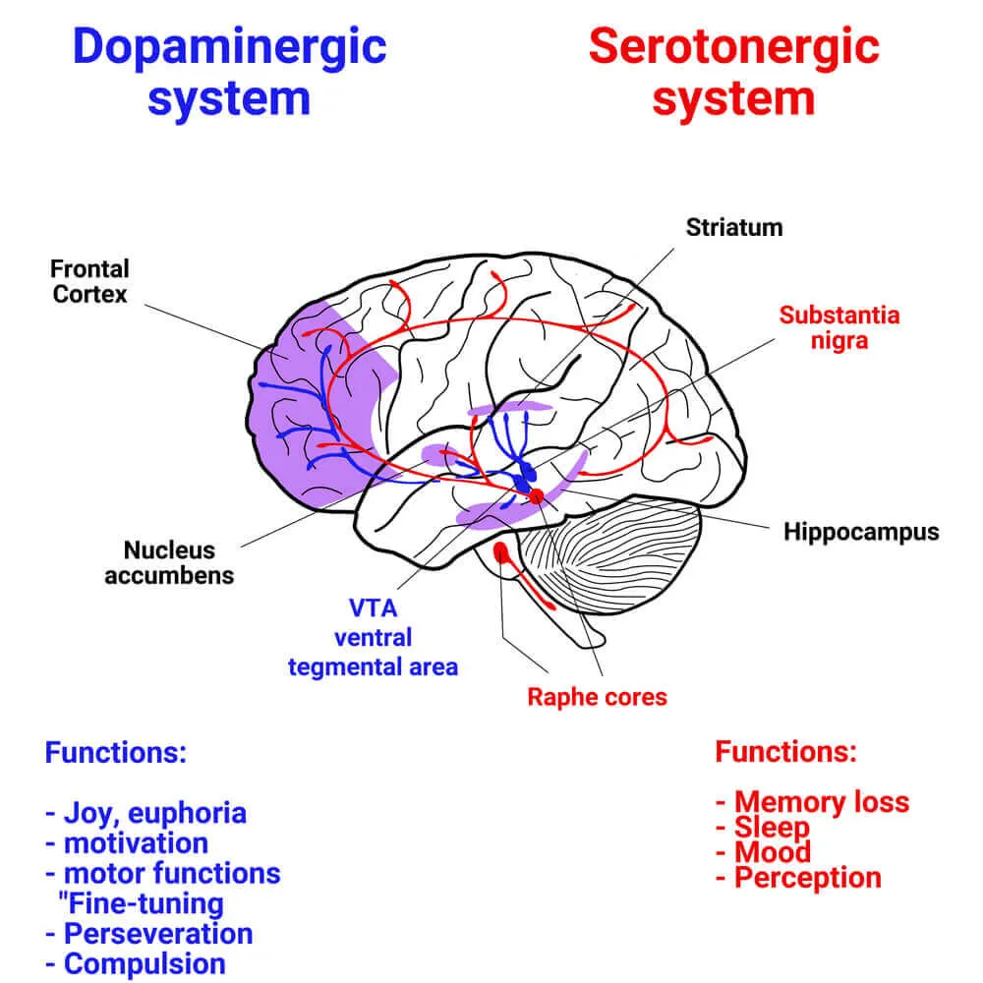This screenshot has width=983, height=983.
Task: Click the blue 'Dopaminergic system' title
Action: (x=230, y=73)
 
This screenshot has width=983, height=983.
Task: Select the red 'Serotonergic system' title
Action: (x=733, y=73)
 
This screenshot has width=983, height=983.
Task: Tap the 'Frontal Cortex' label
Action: (x=90, y=281)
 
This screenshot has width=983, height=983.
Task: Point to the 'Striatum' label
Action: (x=734, y=228)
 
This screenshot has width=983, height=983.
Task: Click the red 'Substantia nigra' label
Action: (x=838, y=328)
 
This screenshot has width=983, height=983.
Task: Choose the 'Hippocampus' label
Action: (x=861, y=532)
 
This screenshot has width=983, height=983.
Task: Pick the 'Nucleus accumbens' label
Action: (x=169, y=562)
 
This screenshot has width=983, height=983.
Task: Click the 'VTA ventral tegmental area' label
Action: (x=373, y=637)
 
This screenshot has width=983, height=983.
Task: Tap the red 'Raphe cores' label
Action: (x=597, y=697)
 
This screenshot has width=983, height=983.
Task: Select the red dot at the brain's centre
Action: (x=536, y=496)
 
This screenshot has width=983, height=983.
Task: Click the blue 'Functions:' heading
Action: (x=115, y=754)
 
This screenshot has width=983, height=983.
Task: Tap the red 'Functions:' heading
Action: (x=785, y=753)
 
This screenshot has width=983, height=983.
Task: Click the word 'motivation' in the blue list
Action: (x=136, y=842)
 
